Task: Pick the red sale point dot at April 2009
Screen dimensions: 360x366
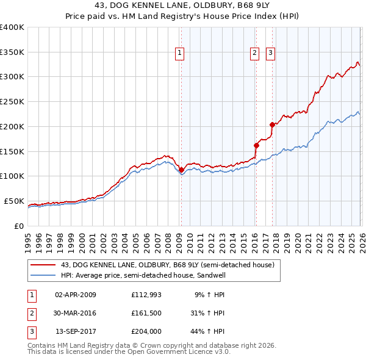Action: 181,170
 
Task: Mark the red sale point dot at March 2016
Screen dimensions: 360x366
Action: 256,145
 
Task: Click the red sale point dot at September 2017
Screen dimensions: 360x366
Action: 272,124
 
